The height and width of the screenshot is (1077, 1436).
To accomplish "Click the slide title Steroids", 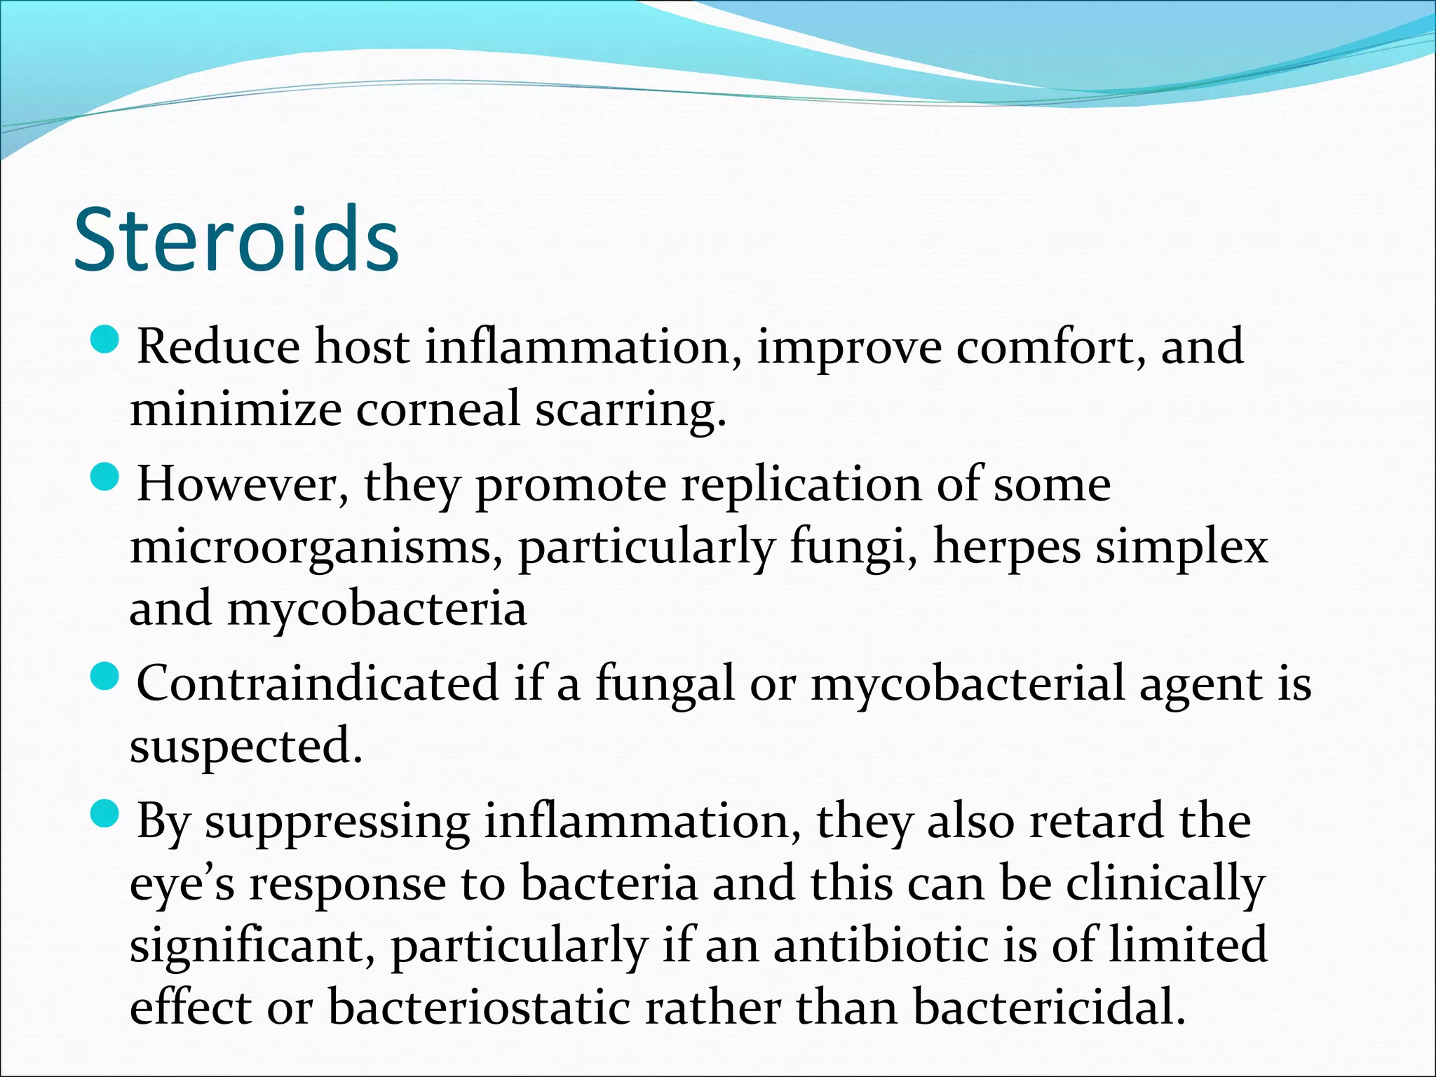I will (x=236, y=240).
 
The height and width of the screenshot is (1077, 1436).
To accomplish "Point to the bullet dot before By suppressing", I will (x=107, y=814).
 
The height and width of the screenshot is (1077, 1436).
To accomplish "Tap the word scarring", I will (x=630, y=409).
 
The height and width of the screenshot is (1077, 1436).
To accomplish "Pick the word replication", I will (x=801, y=485).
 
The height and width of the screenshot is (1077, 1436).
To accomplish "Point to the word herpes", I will (x=1007, y=547).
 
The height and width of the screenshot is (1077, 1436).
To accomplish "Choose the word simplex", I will (x=1182, y=547).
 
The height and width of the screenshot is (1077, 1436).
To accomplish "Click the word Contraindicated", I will (x=318, y=682).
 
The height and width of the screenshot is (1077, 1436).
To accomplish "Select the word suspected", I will (x=245, y=746).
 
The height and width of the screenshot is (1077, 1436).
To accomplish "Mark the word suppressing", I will (x=337, y=821).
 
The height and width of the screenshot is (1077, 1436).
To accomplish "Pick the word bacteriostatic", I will (x=479, y=1007).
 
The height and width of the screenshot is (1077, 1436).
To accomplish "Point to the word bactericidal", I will (x=1049, y=1007).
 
